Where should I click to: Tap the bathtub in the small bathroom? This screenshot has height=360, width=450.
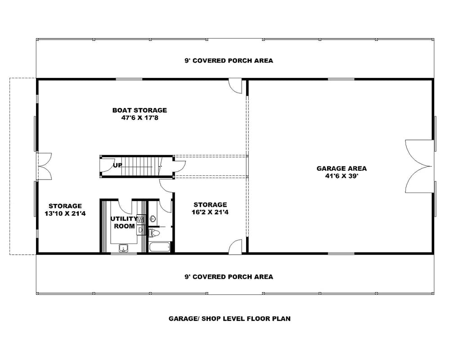[x=159, y=247]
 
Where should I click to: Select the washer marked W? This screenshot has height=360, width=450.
[x=141, y=219]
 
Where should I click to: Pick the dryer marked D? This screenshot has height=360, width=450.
[x=141, y=229]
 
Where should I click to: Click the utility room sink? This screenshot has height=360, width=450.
[x=123, y=247]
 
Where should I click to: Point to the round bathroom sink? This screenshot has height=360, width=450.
[x=153, y=219]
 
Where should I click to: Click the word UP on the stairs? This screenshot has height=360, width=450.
[x=118, y=165]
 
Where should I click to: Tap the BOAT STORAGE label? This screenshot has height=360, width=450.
[x=139, y=110]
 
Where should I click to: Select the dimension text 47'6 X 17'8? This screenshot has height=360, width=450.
[x=139, y=118]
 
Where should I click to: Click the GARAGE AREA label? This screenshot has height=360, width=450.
[x=342, y=169]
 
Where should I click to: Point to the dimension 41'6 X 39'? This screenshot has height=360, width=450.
[x=342, y=176]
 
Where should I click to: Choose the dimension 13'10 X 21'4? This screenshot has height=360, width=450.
[x=65, y=214]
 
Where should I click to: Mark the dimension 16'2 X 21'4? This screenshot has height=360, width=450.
[x=210, y=212]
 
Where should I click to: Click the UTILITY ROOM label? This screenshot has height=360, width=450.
[x=124, y=222]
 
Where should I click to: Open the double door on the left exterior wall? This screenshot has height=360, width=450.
[x=44, y=167]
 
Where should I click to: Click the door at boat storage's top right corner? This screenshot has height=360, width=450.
[x=235, y=86]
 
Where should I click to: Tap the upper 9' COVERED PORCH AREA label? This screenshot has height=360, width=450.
[x=229, y=61]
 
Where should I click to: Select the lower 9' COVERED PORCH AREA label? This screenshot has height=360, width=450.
[x=229, y=277]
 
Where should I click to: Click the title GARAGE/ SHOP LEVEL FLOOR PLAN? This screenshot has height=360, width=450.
[x=229, y=319]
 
